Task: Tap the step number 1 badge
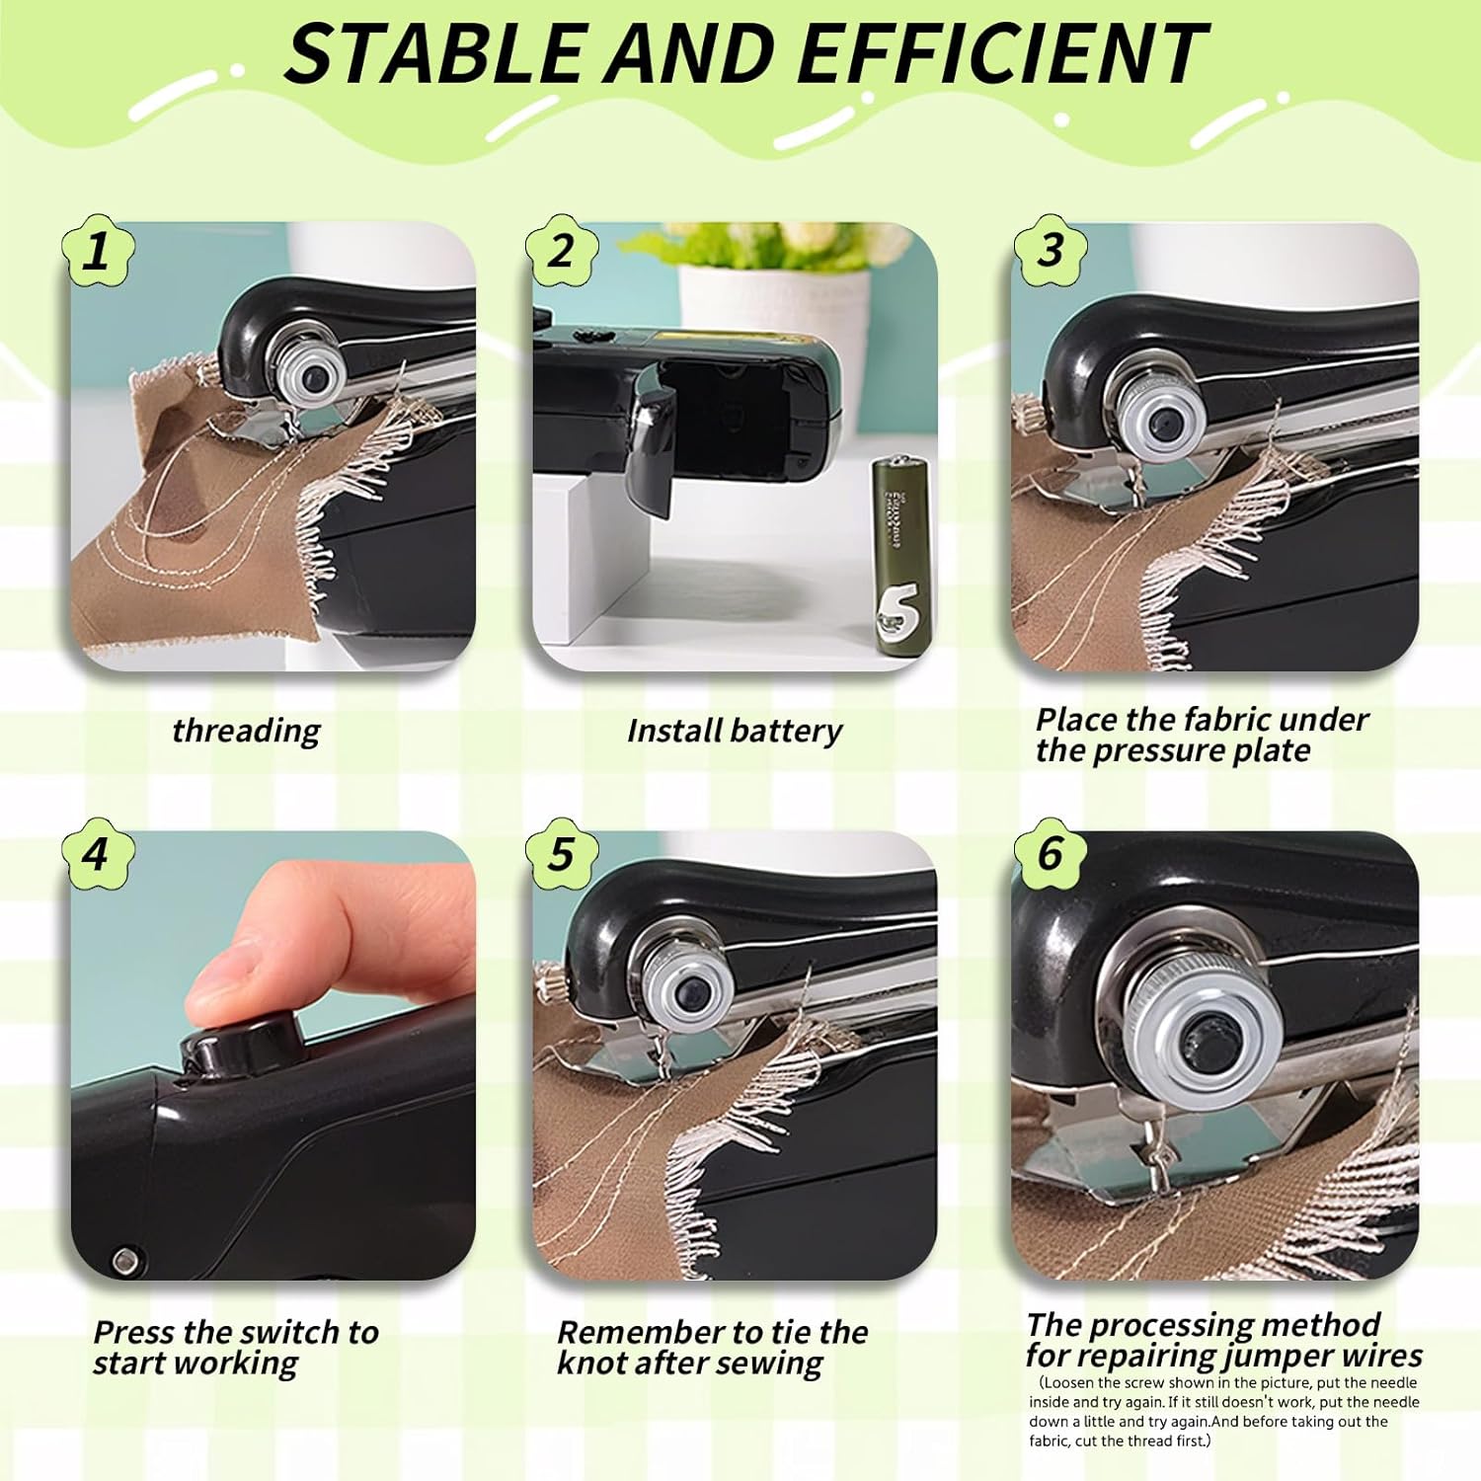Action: click(97, 251)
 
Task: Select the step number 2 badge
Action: click(561, 251)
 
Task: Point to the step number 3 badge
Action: click(1051, 251)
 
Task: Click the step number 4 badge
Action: click(97, 853)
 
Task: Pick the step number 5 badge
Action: click(561, 853)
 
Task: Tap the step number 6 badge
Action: click(1051, 853)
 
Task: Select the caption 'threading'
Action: click(246, 731)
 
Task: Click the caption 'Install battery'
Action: click(734, 731)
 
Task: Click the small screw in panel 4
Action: click(125, 1259)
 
